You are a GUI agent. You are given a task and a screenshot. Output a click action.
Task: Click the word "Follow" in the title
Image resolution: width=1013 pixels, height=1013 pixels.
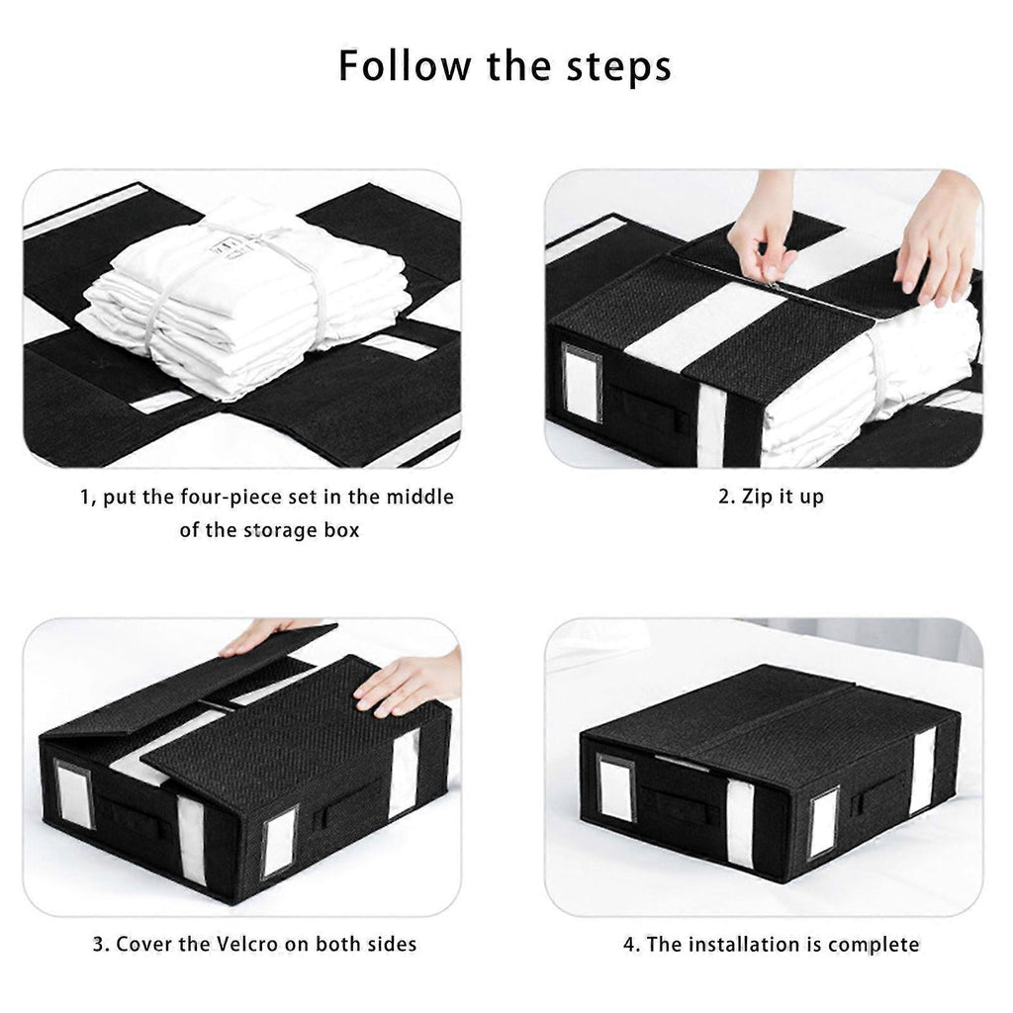point(405,65)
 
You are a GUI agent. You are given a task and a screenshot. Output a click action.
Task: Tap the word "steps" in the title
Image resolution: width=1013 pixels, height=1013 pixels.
point(619,68)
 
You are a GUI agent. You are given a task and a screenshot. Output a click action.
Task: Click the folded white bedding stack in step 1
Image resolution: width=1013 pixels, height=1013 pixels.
point(242,293)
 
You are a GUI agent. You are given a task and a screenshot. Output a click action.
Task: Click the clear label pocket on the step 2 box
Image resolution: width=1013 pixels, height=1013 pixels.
point(582,383)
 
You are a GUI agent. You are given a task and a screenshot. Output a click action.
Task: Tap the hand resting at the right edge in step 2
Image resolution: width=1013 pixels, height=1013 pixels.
point(938,240)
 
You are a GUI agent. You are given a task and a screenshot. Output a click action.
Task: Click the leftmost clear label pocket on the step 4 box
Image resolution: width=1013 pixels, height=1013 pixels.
point(616,787)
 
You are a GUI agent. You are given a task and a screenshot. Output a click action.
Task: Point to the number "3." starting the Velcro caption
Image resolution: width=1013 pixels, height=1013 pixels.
point(102,945)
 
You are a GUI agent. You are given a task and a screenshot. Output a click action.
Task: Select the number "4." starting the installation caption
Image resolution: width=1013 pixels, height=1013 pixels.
point(632,945)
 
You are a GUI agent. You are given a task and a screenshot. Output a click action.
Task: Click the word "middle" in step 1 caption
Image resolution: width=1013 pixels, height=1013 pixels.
point(419,497)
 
